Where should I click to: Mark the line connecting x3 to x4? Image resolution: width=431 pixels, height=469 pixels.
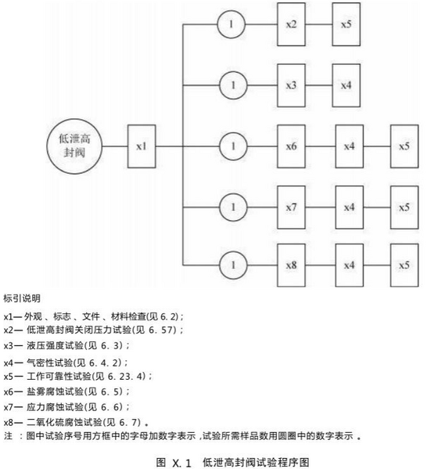pyautogui.click(x=318, y=85)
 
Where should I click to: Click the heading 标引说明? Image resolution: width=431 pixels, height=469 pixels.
pyautogui.click(x=22, y=298)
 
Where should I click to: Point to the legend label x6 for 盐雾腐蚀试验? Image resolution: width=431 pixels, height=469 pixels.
pyautogui.click(x=9, y=391)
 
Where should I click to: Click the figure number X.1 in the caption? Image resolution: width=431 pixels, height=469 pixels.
pyautogui.click(x=181, y=463)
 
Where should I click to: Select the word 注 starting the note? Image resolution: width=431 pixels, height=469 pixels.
pyautogui.click(x=8, y=436)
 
